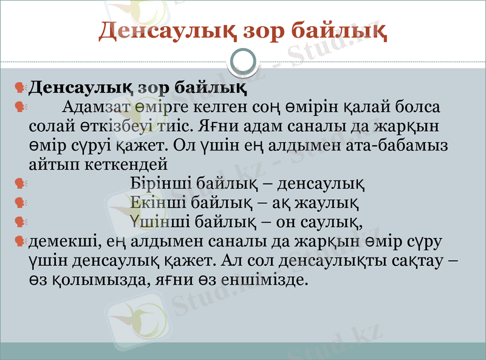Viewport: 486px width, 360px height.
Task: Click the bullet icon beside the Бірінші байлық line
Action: coord(20,183)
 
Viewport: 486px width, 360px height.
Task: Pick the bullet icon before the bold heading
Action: coord(20,89)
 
